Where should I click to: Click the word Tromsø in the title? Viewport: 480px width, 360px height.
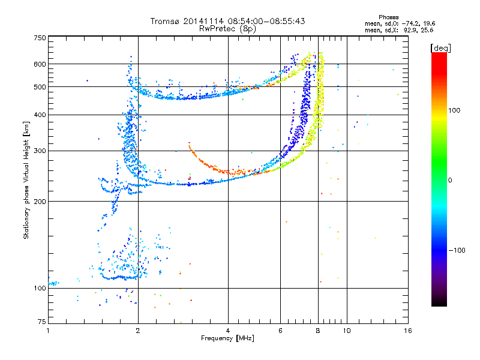[x=166, y=21]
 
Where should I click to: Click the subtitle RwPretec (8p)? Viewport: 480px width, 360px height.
[x=227, y=29]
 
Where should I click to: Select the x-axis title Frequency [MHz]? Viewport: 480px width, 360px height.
[x=227, y=338]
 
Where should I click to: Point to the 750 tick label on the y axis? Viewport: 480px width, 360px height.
[x=40, y=38]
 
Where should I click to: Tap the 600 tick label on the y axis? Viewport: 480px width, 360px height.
[x=40, y=64]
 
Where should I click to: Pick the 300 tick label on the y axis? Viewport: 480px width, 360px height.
[x=40, y=151]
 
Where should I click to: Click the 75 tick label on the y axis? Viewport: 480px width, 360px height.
[x=42, y=322]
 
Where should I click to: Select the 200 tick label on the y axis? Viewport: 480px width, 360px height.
[x=40, y=202]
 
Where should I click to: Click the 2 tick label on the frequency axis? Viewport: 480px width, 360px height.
[x=138, y=331]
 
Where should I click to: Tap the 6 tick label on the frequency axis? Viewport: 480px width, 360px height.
[x=280, y=331]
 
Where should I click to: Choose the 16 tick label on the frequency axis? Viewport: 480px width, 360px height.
[x=408, y=331]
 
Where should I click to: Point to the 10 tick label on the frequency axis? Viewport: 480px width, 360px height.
[x=347, y=331]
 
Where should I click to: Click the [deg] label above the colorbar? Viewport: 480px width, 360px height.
[x=441, y=48]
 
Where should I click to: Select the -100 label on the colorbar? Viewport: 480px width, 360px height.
[x=457, y=250]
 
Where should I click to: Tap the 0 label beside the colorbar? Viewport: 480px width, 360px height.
[x=450, y=181]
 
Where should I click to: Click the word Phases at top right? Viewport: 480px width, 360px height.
[x=388, y=17]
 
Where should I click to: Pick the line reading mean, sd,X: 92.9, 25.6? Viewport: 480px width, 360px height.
[x=399, y=31]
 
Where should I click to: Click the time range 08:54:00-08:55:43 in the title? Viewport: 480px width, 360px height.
[x=266, y=21]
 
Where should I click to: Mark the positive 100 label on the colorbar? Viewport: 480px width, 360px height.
[x=454, y=110]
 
